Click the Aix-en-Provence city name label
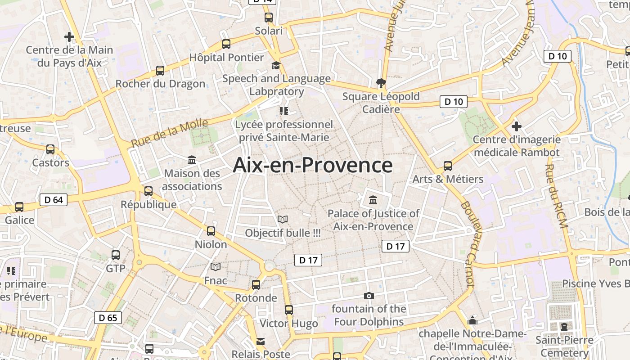click(313, 165)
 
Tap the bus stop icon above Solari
click(269, 18)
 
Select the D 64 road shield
click(54, 199)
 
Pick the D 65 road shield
click(108, 318)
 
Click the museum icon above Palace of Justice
click(373, 199)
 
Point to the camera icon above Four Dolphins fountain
click(369, 296)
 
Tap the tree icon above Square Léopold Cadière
click(381, 83)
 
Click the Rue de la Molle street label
click(170, 133)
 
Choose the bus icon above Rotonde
click(256, 284)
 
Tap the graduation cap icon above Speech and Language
click(276, 66)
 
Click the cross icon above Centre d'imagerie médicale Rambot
click(517, 126)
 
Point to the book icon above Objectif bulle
click(283, 219)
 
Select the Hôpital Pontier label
click(226, 58)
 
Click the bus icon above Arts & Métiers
click(448, 166)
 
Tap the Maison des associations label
click(192, 180)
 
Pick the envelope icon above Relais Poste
click(261, 342)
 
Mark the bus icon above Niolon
click(211, 231)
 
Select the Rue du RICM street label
click(557, 196)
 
